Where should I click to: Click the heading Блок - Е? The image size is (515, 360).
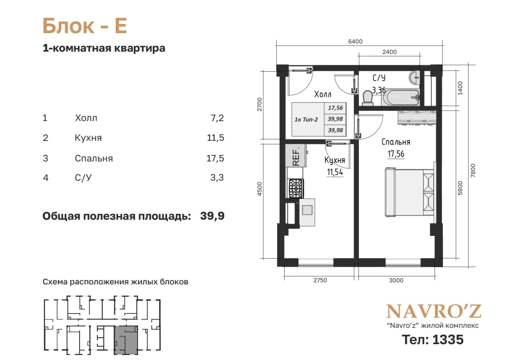(85, 26)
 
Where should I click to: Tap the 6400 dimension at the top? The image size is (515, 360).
(355, 42)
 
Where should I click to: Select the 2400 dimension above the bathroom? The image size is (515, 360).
(389, 52)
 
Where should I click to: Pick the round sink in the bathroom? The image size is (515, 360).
(415, 78)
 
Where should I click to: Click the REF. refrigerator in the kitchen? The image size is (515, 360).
(296, 155)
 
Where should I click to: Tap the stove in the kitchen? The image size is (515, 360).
(296, 188)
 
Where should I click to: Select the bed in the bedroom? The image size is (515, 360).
(410, 192)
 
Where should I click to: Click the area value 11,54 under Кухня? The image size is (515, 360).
(335, 172)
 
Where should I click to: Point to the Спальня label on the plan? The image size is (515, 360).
(395, 142)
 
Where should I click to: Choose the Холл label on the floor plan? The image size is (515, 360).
(323, 94)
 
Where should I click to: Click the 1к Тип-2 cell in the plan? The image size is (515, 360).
(306, 120)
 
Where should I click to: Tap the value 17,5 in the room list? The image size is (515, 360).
(215, 158)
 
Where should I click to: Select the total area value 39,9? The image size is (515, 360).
(212, 216)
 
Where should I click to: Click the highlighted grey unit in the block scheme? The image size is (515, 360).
(126, 340)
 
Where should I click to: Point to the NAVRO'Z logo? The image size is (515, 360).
(433, 312)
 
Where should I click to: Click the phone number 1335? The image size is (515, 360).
(448, 340)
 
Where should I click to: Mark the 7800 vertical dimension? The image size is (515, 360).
(472, 170)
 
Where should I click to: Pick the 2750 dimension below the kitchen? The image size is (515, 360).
(320, 280)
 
